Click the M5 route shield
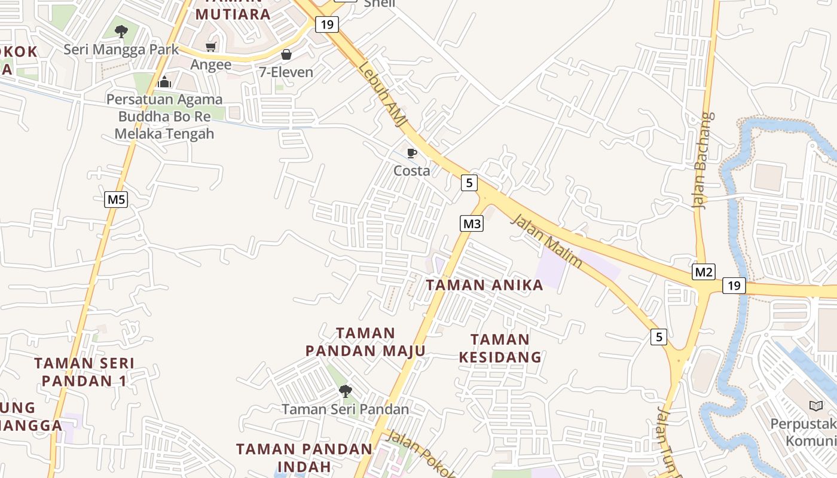116,199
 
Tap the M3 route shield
472,224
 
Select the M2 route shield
704,272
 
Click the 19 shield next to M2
734,286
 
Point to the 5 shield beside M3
469,183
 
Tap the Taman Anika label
484,285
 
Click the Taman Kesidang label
500,348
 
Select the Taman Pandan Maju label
365,342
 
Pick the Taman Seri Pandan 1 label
84,372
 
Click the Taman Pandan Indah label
304,457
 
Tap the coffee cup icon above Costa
411,154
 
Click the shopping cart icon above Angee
210,47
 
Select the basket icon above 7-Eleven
286,54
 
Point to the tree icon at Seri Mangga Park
121,31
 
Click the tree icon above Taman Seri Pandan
345,391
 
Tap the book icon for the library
815,406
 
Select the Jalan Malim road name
546,241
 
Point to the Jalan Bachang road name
704,160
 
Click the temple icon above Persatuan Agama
164,82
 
